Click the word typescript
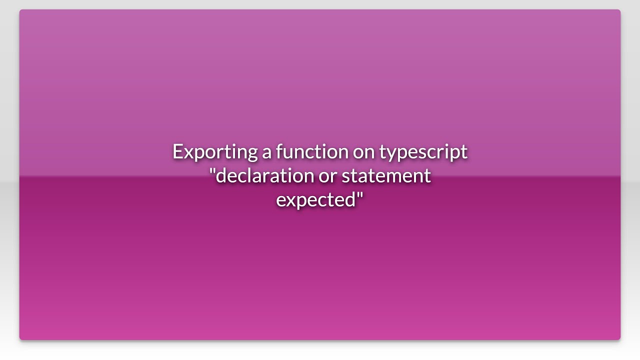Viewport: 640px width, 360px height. (423, 151)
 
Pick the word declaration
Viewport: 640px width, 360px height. (265, 175)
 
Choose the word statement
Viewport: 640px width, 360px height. (386, 175)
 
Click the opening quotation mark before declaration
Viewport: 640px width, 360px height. (212, 171)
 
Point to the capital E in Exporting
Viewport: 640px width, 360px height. (177, 151)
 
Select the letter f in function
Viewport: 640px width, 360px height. (279, 150)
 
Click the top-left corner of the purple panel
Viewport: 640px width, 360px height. (20, 10)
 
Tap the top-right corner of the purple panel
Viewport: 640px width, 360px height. (620, 10)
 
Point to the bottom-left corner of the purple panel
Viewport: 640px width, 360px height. (20, 339)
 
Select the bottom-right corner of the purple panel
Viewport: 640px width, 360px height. (620, 339)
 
